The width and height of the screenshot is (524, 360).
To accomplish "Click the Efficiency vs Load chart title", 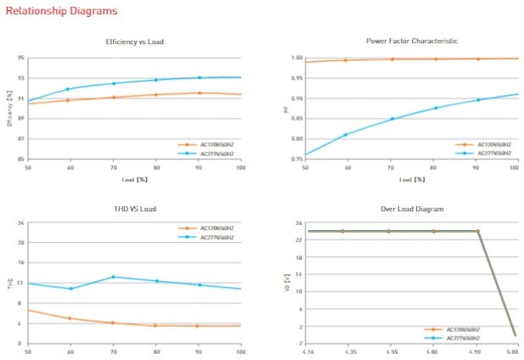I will [x=134, y=41].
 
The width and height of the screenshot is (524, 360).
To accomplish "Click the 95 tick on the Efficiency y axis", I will [x=20, y=58].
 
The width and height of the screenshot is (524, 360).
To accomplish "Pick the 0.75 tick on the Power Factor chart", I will [x=296, y=159].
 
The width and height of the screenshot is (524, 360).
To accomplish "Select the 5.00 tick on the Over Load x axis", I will [x=512, y=351].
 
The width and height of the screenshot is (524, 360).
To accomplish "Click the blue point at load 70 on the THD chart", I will [x=114, y=277].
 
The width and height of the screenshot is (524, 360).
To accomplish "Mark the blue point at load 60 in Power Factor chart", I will [x=346, y=134].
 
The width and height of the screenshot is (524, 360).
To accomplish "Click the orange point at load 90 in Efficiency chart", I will [x=199, y=93].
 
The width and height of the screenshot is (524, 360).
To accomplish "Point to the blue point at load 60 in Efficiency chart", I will [x=68, y=89].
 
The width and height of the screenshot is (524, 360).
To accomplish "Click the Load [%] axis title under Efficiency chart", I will [x=134, y=180].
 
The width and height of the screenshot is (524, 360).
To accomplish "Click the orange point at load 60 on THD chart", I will [x=70, y=318].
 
